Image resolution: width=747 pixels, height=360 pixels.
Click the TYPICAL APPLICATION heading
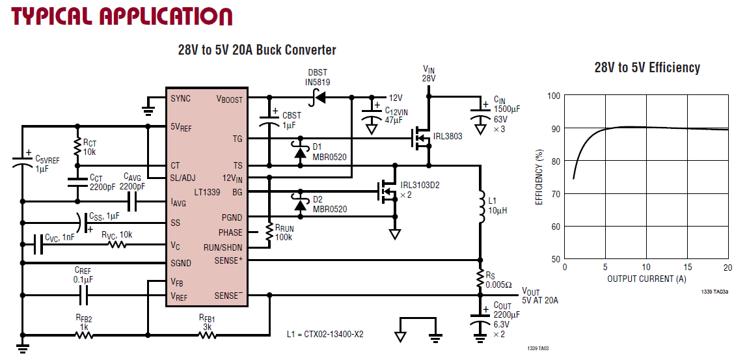tap(122, 16)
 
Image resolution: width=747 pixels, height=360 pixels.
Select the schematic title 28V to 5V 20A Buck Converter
tap(257, 50)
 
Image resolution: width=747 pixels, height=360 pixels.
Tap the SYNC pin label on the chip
tap(181, 99)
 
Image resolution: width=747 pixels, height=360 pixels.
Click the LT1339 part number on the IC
tap(208, 191)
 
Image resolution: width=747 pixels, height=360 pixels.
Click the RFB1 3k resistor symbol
tap(207, 335)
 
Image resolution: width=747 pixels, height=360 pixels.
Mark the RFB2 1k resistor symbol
tap(83, 335)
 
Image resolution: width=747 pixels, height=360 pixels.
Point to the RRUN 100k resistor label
tap(284, 233)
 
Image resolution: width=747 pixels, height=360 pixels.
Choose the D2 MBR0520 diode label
tap(329, 204)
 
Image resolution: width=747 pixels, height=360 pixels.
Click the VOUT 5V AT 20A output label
tap(539, 296)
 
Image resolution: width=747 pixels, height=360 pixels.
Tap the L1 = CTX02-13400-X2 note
tap(325, 335)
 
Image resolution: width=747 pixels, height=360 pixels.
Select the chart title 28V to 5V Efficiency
tap(647, 68)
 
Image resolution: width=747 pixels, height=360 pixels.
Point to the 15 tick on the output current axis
tap(686, 268)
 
